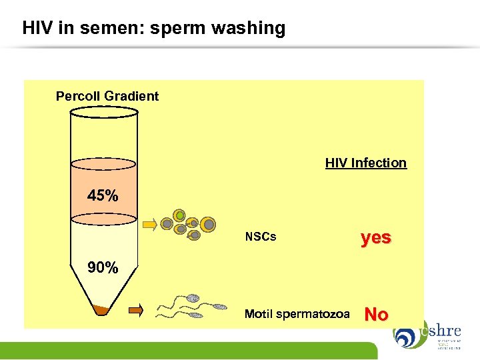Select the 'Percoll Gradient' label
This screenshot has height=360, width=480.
(107, 96)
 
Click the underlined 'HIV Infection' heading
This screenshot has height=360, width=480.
(365, 163)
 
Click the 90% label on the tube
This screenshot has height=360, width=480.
(103, 268)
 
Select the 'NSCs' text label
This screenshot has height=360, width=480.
(261, 237)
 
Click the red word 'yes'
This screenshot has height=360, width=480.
(376, 237)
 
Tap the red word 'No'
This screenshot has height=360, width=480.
(377, 314)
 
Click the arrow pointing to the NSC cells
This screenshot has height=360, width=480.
(150, 223)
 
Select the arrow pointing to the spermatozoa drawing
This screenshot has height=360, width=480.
(136, 309)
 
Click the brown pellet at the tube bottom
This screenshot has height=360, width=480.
(103, 311)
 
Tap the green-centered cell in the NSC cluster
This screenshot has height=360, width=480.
(179, 215)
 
